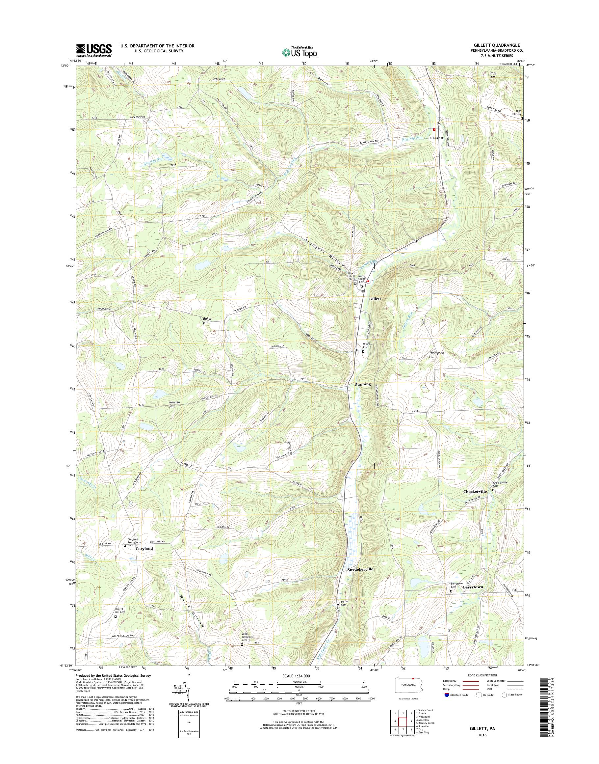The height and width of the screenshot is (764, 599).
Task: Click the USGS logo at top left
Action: [x=94, y=50]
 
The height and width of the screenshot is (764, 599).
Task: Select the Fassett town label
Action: [x=437, y=138]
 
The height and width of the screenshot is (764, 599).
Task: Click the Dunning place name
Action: [x=362, y=384]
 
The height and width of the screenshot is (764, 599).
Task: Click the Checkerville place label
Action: [x=475, y=492]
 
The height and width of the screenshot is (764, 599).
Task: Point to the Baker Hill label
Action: [x=207, y=320]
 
